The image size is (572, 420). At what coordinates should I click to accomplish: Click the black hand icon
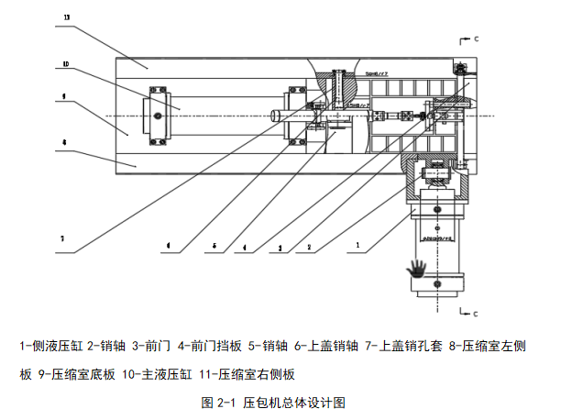(418, 268)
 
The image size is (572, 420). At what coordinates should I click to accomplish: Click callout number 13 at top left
(67, 17)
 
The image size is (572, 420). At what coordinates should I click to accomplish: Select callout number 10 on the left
(67, 64)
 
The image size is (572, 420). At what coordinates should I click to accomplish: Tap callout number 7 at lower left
(62, 238)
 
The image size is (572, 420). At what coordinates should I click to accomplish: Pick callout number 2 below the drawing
(310, 246)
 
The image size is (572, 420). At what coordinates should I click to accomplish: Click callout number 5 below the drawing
(214, 246)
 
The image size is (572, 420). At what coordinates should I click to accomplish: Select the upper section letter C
(477, 39)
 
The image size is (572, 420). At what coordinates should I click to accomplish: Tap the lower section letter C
(477, 315)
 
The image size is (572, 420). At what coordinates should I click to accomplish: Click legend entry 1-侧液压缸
(51, 346)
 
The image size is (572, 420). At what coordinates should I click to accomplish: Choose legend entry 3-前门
(154, 346)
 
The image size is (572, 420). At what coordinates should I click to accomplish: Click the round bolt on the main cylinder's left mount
(159, 116)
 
